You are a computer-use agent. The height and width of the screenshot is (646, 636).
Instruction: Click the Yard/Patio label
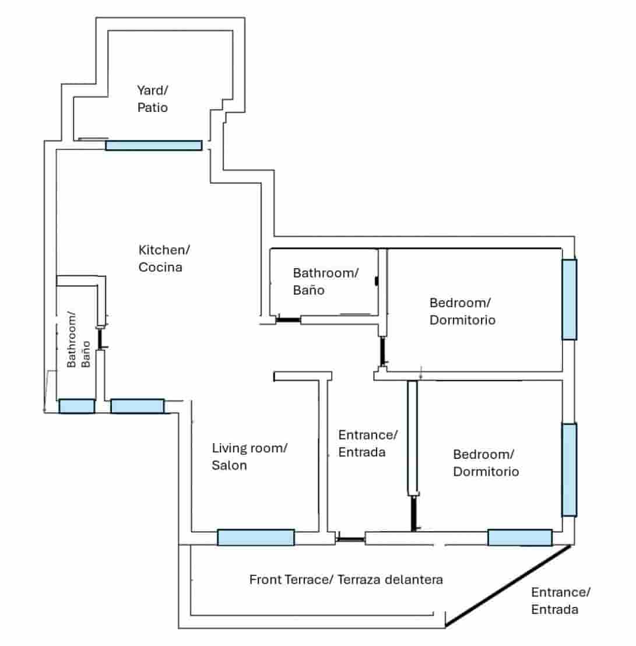point(152,99)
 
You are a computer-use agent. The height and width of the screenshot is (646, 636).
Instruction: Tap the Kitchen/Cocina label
point(164,258)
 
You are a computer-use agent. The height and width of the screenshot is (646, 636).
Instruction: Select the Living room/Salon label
point(249,457)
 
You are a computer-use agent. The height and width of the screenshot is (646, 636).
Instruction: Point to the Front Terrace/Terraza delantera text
point(346,580)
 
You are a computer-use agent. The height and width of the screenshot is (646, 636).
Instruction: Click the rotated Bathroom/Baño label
point(78,339)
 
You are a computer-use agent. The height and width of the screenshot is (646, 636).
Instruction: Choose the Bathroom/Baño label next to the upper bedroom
point(325,282)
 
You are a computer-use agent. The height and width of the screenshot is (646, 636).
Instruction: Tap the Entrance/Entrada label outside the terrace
point(560,601)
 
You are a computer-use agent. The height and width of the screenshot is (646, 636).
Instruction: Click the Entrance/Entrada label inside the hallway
point(367,443)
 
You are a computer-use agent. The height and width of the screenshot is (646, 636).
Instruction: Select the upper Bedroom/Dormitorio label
point(462,311)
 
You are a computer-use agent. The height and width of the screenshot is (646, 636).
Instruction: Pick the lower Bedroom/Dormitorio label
point(486,463)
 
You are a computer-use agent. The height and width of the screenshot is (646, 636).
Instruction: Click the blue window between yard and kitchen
point(154,145)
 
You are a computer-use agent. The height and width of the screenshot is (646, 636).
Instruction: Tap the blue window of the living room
point(256,537)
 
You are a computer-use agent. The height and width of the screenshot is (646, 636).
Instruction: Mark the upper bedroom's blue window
point(570,300)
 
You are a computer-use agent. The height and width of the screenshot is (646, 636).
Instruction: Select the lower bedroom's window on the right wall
point(570,470)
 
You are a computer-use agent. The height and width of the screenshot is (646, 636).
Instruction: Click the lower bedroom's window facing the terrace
point(520,538)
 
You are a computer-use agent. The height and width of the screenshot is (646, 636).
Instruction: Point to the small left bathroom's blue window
point(77,406)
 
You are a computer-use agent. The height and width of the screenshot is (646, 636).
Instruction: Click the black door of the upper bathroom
point(288,320)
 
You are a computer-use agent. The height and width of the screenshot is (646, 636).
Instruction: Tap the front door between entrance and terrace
point(350,539)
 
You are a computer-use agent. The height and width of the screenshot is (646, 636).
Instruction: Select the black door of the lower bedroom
point(413,513)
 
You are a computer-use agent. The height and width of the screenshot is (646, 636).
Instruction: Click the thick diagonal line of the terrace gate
point(508,585)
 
